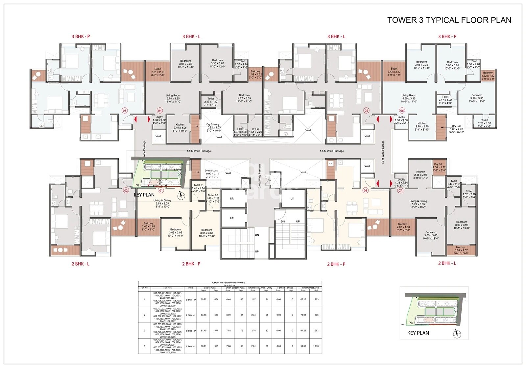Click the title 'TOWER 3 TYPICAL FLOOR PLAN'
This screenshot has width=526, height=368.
click(449, 20)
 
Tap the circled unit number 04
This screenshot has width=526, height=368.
click(160, 111)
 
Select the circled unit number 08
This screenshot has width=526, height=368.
click(365, 190)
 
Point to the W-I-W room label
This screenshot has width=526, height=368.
click(255, 129)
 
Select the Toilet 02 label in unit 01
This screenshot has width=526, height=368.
click(213, 195)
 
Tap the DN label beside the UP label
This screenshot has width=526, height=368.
click(283, 222)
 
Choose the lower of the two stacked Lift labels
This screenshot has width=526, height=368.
click(232, 218)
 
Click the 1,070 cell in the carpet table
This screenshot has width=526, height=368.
click(316, 346)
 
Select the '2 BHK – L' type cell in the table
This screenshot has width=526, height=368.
click(190, 315)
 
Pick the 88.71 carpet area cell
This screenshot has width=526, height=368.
click(204, 346)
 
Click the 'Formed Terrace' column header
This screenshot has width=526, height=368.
click(285, 288)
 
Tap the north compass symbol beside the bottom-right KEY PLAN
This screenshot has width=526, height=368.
click(456, 334)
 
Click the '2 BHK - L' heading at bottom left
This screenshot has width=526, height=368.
click(81, 264)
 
